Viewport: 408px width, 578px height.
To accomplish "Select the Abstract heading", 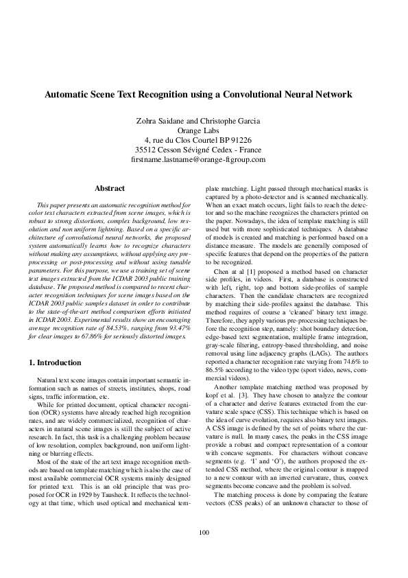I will [109, 188].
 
